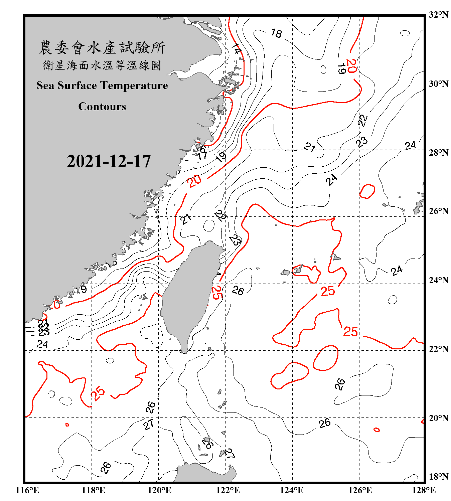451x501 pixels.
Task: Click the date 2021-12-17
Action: click(109, 161)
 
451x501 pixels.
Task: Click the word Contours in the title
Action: click(102, 107)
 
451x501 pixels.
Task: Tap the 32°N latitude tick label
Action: click(439, 15)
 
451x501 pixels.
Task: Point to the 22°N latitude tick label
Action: click(439, 349)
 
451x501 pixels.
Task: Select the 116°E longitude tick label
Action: click(27, 490)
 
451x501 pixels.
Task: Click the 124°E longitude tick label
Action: click(292, 490)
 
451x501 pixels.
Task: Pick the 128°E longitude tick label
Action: click(424, 490)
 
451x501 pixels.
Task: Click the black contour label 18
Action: click(276, 33)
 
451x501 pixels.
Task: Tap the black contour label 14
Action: click(236, 49)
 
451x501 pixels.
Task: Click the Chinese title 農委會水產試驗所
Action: click(102, 48)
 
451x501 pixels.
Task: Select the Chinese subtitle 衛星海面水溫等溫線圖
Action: click(102, 65)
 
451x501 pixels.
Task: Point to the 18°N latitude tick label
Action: click(439, 477)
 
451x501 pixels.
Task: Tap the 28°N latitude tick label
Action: click(439, 153)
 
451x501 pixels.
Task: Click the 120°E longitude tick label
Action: click(159, 490)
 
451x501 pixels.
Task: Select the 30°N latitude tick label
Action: click(439, 84)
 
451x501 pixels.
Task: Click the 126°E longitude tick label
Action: click(360, 490)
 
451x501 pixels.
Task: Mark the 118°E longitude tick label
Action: click(93, 490)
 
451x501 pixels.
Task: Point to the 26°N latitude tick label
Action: click(439, 211)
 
